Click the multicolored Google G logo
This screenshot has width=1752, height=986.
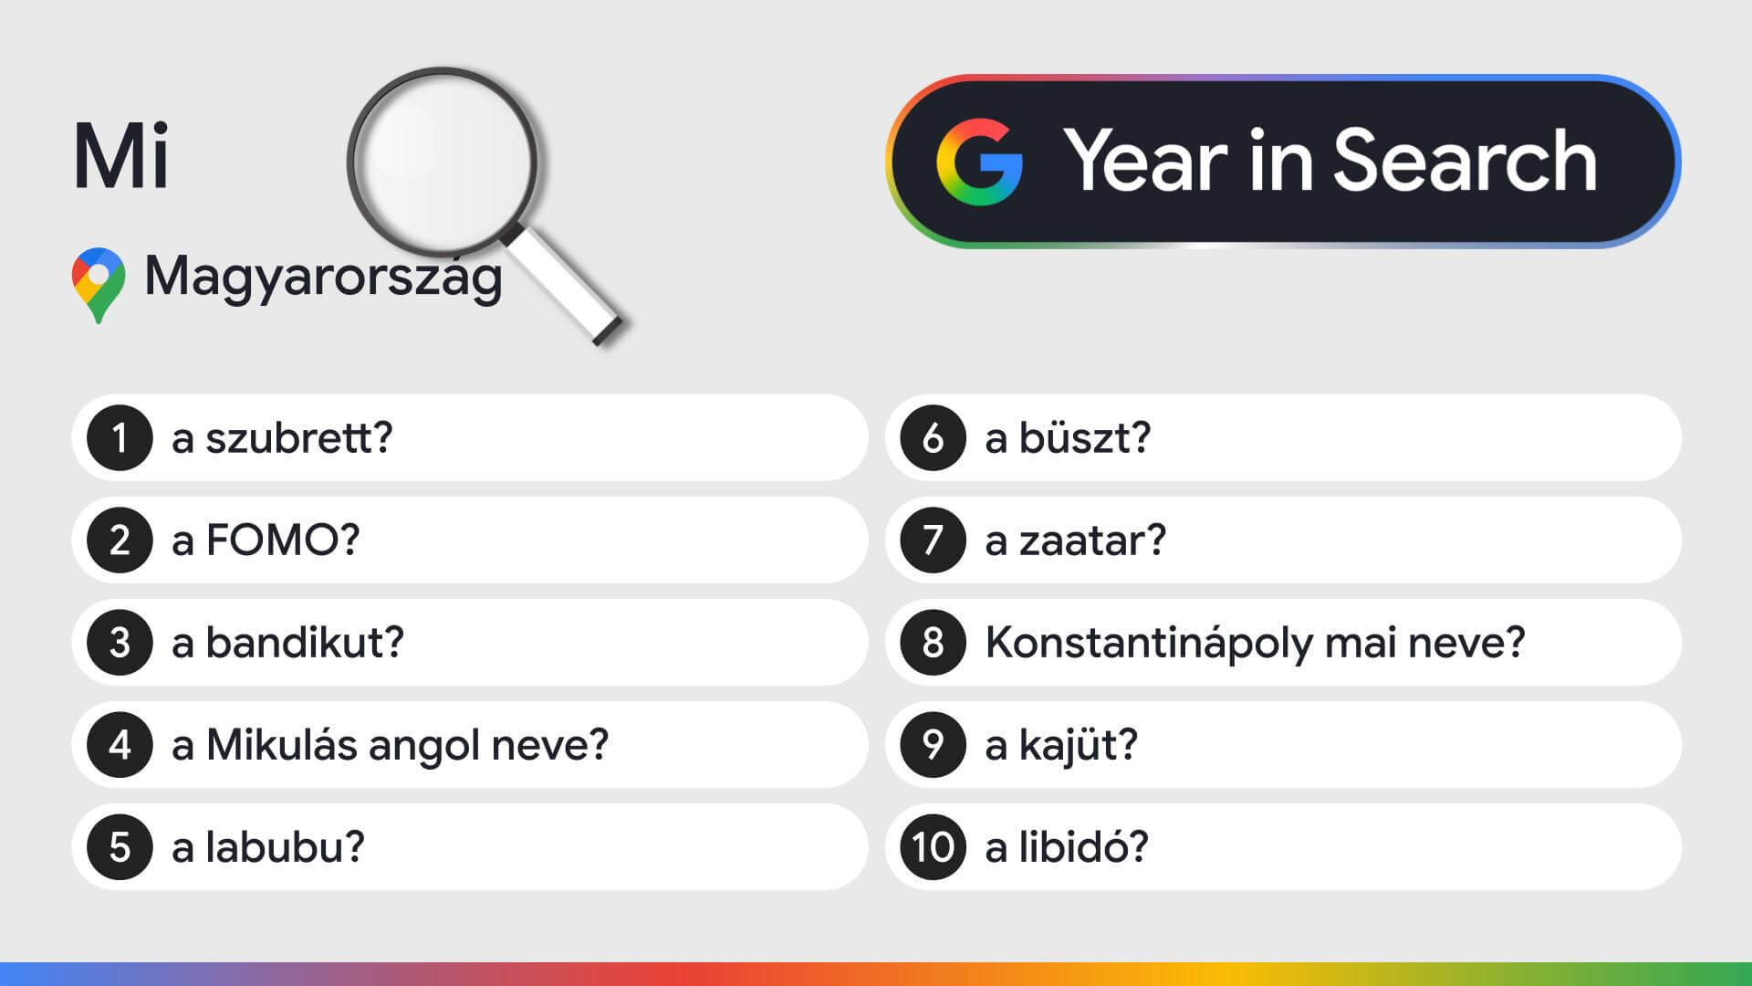click(979, 162)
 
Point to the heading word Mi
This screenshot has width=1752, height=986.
click(121, 156)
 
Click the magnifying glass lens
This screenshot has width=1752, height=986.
click(442, 162)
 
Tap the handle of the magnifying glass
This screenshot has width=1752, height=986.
click(564, 286)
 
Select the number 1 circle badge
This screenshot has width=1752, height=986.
click(120, 438)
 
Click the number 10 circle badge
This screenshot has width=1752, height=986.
click(933, 847)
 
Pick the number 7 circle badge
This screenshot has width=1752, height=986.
click(933, 540)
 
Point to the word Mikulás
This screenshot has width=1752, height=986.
click(281, 744)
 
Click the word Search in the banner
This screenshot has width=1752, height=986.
click(1465, 160)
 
